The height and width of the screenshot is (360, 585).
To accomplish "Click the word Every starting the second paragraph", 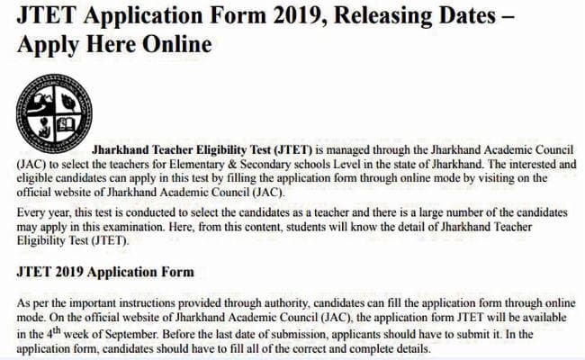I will pos(31,213).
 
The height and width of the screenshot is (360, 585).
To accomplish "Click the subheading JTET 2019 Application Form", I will pos(103,270).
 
